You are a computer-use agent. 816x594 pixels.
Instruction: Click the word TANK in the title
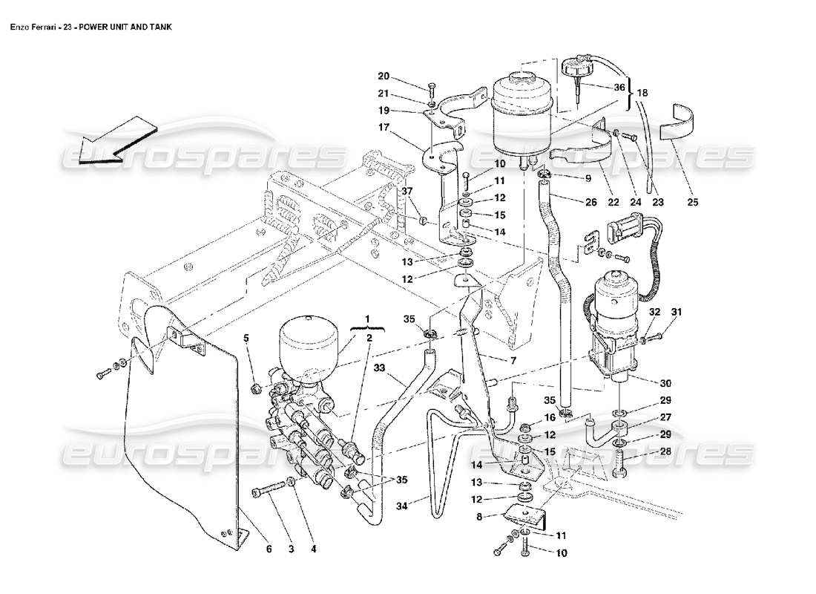click(159, 27)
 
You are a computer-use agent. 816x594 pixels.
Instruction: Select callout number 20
click(383, 76)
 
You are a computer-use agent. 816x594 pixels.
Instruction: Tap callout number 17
click(383, 127)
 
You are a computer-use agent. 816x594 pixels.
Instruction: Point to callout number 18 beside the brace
click(642, 94)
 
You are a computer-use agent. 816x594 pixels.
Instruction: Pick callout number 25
click(692, 201)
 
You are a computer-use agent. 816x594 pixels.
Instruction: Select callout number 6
click(269, 549)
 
